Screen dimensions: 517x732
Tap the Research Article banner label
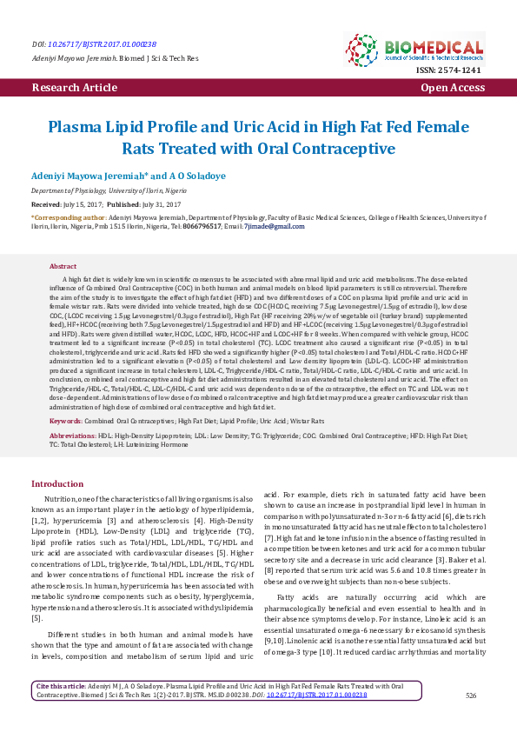pyautogui.click(x=74, y=89)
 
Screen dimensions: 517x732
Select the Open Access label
pyautogui.click(x=453, y=89)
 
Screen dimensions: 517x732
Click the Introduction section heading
pyautogui.click(x=57, y=483)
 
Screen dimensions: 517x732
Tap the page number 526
pyautogui.click(x=471, y=695)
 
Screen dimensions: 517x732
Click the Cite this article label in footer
pyautogui.click(x=58, y=687)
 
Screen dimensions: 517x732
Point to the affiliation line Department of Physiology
pyautogui.click(x=121, y=190)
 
